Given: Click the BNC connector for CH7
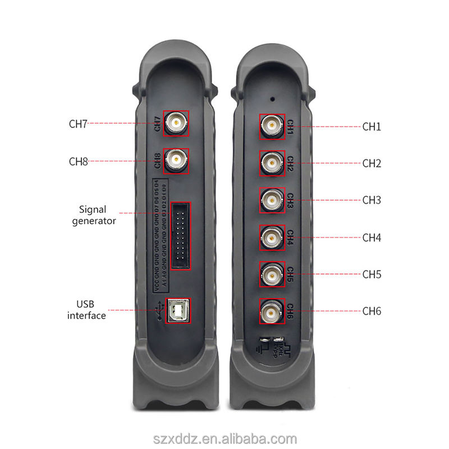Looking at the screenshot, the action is click(176, 123).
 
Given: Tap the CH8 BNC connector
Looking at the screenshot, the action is click(176, 162).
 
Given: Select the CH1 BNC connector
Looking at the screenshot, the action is click(272, 126).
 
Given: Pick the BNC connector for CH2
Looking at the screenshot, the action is click(272, 163).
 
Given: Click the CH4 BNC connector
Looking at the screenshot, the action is click(272, 237).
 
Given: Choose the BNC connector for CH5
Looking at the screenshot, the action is click(272, 274).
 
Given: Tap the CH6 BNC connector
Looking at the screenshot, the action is click(272, 311).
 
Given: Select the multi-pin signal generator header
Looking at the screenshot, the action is click(181, 235).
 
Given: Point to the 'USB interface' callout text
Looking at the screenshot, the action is click(86, 310).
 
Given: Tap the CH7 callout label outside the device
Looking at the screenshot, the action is click(78, 124).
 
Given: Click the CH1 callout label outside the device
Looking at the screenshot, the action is click(372, 127).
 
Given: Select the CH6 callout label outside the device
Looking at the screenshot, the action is click(372, 311).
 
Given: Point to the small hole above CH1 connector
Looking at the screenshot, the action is click(273, 98).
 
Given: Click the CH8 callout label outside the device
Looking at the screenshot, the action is click(78, 162).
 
